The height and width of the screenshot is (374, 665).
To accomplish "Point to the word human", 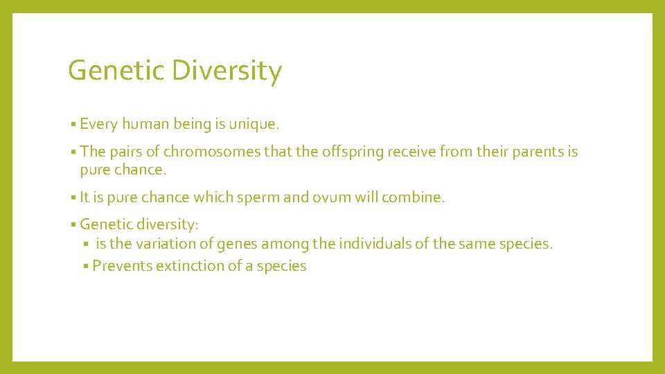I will (145, 125).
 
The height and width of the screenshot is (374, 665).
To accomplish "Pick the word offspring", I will (355, 152).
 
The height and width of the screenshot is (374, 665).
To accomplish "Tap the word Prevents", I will (122, 266).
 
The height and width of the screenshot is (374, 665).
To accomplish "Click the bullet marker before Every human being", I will (73, 125).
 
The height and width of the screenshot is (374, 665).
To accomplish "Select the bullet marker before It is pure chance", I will (73, 198).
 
